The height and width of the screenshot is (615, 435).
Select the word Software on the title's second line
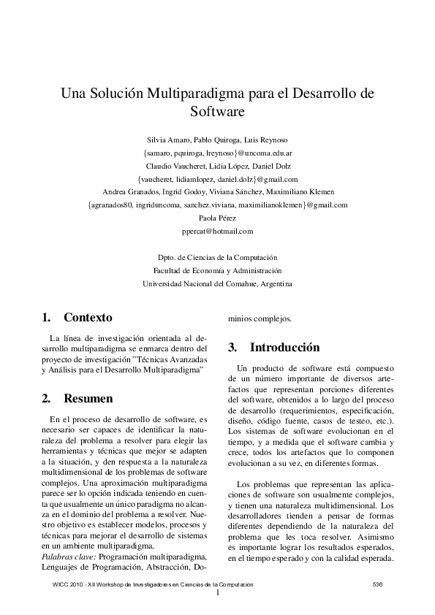click(x=216, y=112)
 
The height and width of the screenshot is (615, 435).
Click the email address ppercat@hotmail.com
click(x=217, y=231)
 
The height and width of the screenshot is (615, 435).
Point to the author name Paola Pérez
click(x=218, y=218)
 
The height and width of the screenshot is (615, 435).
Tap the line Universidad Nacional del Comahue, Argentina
click(x=217, y=283)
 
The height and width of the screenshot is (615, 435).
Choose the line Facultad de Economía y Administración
click(x=217, y=270)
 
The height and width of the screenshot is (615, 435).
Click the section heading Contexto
click(x=88, y=318)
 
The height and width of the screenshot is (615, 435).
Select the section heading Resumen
click(x=88, y=399)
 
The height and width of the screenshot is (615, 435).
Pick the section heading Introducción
click(x=285, y=347)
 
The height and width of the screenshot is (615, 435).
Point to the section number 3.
click(x=232, y=347)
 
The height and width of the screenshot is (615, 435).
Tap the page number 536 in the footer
click(x=377, y=584)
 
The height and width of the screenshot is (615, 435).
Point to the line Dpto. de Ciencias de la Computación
click(x=217, y=257)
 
